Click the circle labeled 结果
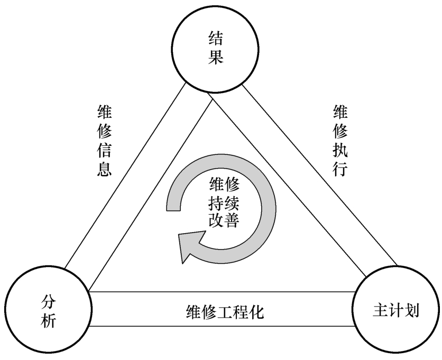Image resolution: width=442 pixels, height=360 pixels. (216, 48)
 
